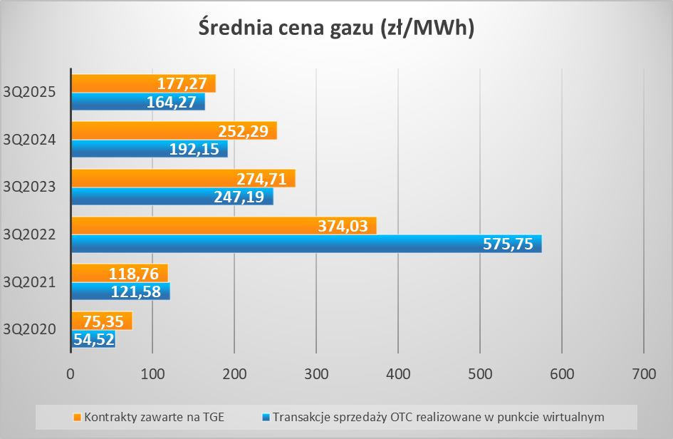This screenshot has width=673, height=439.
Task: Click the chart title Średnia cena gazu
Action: [336, 28]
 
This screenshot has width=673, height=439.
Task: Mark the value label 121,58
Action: [140, 291]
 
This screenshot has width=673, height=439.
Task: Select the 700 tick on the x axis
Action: [644, 373]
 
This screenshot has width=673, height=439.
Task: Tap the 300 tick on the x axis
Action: [315, 373]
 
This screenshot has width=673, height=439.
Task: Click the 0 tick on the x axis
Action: [71, 373]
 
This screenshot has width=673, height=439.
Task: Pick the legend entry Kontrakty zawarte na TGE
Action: [154, 416]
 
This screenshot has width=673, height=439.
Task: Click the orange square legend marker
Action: [78, 416]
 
